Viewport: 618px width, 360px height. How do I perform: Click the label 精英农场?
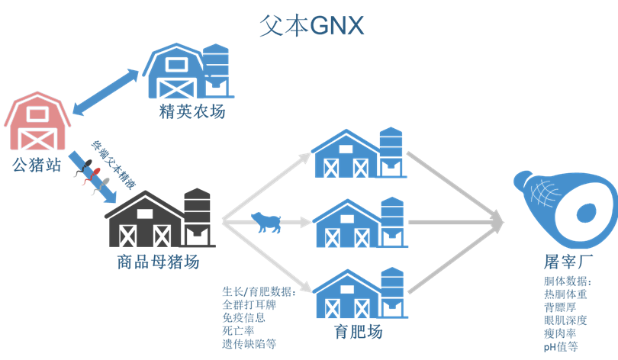[193, 111]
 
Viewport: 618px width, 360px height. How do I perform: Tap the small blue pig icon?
[266, 222]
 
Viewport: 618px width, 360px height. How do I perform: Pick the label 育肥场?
[359, 332]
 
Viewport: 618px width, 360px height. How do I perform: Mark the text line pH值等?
[561, 346]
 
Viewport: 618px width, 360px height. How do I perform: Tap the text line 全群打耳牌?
[248, 305]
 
